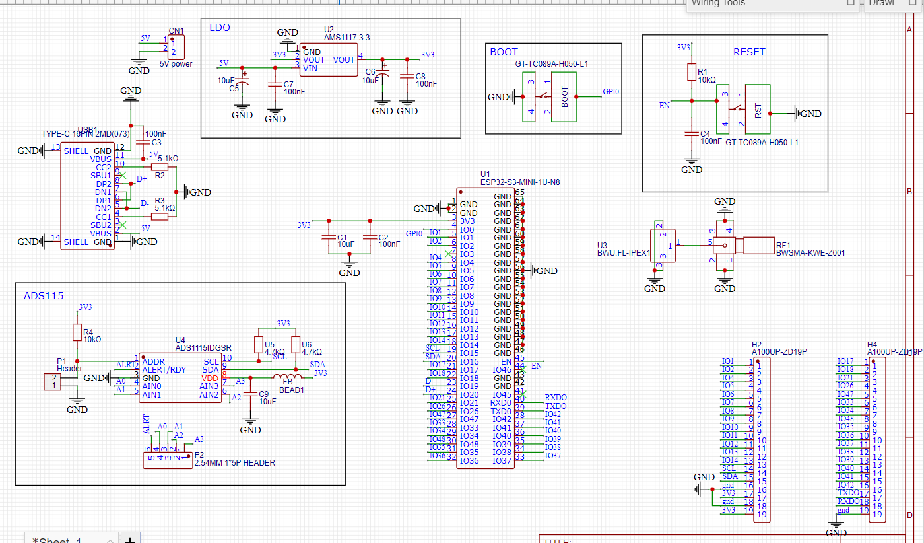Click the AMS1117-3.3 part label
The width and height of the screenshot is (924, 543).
coord(346,38)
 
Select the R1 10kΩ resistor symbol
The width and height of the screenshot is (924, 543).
coord(692,72)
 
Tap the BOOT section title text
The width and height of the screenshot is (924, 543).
coord(504,52)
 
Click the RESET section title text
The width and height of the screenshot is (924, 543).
coord(749,52)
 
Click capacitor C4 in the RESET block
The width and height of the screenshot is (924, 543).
coord(692,134)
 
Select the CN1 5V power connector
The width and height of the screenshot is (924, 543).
coord(176,48)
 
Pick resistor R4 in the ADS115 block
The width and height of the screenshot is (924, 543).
coord(77,332)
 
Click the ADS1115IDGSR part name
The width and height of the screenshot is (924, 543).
coord(203,347)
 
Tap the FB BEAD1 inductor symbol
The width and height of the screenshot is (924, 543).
coord(288,377)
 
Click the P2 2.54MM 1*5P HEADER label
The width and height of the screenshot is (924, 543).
coord(234,463)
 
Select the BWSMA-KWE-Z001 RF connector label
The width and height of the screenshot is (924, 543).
coord(810,252)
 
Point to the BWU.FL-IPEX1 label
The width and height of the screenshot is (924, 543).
coord(623,252)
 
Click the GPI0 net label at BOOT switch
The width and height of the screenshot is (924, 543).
coord(610,92)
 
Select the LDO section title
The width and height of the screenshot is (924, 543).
coord(219,28)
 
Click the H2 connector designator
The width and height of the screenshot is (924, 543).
coord(756,344)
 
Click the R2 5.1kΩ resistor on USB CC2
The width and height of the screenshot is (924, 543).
coord(160,167)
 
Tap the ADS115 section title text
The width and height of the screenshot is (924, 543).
coord(44,295)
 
